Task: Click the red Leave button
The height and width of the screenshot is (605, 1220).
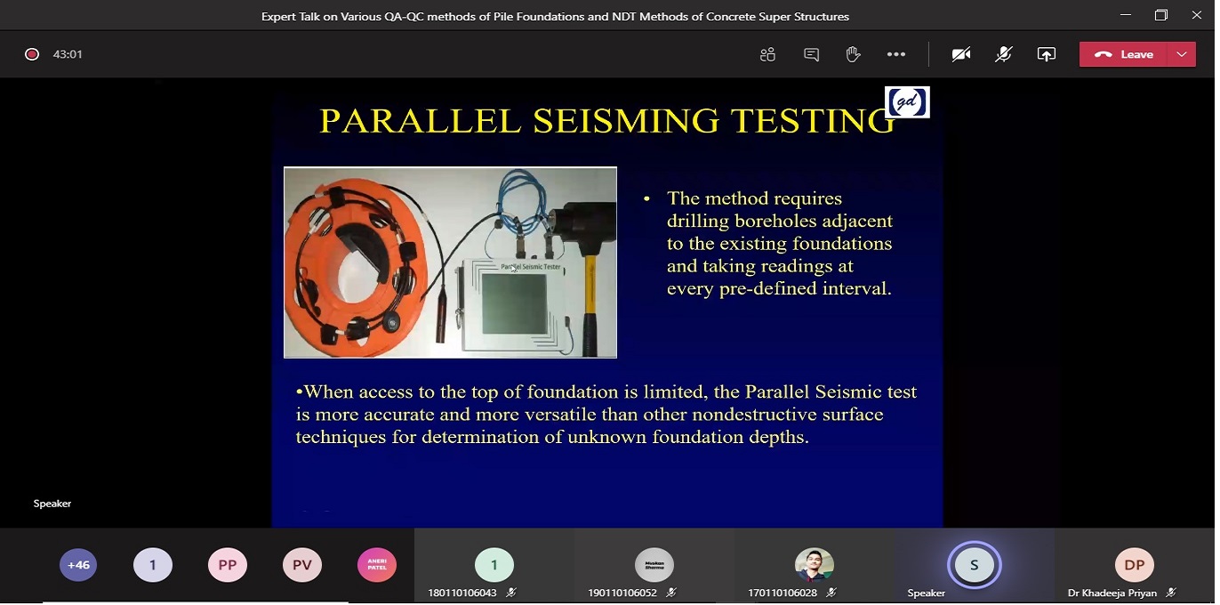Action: pos(1124,54)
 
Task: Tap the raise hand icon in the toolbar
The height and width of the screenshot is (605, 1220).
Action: pos(853,54)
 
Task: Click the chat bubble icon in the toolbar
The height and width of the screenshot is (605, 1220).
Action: pos(811,54)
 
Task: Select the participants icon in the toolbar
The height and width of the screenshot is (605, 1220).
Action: pos(767,54)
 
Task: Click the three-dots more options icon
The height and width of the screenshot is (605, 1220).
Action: pos(896,54)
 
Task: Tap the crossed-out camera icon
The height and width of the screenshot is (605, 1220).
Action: pos(960,54)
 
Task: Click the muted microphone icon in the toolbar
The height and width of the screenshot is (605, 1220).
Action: pos(1003,54)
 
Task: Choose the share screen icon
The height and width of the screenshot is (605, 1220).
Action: pos(1047,54)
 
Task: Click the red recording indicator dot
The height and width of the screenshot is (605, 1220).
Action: pos(32,54)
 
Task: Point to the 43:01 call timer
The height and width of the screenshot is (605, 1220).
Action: pos(68,54)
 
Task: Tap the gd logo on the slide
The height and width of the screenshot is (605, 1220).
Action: pos(907,102)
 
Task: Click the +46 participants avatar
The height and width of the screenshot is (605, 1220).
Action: pos(78,565)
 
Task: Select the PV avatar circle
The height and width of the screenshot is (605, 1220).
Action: pos(302,565)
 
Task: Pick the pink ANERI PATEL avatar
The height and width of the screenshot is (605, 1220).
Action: pos(377,565)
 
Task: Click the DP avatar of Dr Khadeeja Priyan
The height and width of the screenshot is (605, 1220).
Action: pos(1135,565)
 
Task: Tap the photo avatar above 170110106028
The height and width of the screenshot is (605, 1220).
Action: pos(815,565)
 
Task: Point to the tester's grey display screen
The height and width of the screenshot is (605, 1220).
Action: pos(514,303)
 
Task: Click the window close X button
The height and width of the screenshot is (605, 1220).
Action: pos(1197,15)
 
